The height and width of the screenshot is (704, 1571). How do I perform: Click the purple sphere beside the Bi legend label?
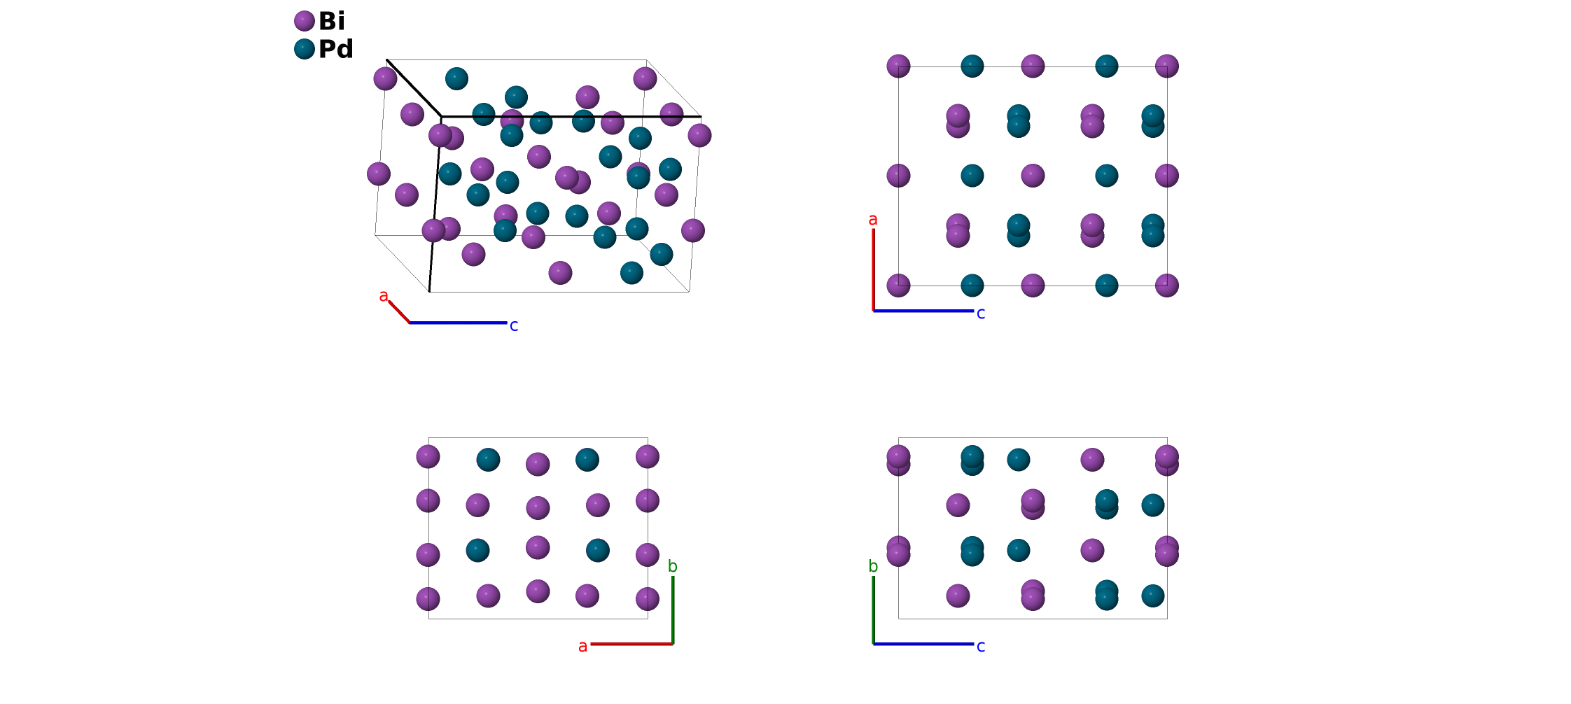304,21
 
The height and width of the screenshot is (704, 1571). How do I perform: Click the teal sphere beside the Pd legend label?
304,49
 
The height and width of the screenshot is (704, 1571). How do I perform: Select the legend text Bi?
332,21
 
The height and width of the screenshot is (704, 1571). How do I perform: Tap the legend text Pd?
336,49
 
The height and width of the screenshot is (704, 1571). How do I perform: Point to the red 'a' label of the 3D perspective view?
384,296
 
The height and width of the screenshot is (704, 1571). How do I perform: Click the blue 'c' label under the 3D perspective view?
514,325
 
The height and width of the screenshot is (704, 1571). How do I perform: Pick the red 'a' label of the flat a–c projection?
873,220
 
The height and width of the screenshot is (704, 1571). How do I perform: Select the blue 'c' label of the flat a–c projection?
981,314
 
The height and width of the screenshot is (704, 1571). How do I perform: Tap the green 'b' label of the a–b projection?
673,566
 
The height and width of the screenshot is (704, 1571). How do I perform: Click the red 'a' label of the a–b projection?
582,647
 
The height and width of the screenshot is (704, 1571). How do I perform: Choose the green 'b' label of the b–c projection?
873,566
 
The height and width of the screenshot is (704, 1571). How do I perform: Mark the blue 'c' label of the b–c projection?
981,646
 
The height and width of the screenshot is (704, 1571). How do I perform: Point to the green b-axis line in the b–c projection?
874,609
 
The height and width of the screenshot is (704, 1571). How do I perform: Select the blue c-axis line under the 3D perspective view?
458,323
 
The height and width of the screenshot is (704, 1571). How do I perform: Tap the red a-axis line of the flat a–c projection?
874,269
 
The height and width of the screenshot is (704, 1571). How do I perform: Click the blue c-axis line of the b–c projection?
924,644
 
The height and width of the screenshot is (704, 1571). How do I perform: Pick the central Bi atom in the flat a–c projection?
1033,176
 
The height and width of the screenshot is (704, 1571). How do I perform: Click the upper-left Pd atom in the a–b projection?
488,460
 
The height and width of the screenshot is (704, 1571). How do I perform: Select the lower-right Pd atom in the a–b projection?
597,550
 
